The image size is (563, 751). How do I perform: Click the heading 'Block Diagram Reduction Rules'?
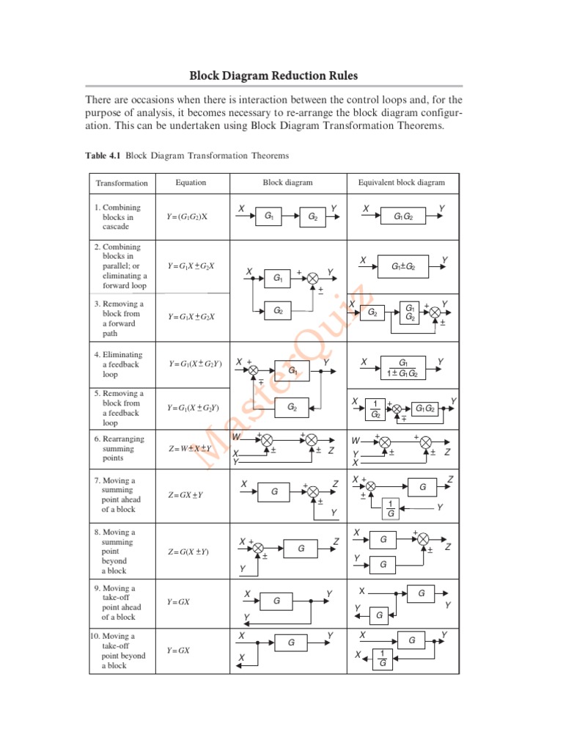[274, 76]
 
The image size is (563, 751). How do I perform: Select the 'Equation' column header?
[191, 183]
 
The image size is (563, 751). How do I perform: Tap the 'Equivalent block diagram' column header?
[401, 183]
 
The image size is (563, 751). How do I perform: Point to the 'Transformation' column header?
[122, 183]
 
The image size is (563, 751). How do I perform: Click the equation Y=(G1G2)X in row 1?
[188, 217]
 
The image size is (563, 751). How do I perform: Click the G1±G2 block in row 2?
[403, 268]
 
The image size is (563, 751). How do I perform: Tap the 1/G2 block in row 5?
[375, 409]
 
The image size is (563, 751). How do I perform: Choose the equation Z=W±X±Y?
[189, 449]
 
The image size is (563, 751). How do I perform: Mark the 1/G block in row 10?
[381, 659]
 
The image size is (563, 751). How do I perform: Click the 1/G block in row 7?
[390, 508]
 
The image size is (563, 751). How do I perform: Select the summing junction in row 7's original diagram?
[312, 491]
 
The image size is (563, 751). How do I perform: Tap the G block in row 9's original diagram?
[276, 601]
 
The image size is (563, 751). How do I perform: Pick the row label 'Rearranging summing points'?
[119, 449]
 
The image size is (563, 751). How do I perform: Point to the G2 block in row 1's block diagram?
[312, 217]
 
